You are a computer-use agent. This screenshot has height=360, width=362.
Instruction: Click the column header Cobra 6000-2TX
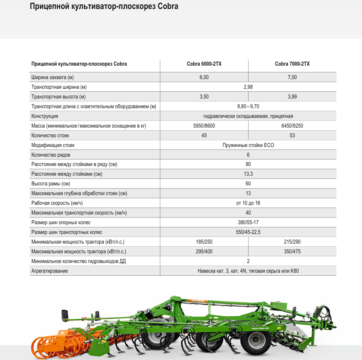(204, 64)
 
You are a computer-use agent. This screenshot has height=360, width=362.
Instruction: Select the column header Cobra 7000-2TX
(292, 64)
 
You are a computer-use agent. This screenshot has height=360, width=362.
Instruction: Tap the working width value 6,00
(204, 77)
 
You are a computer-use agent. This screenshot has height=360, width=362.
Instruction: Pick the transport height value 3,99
(292, 97)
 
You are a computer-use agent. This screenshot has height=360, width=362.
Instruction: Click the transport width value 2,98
(248, 87)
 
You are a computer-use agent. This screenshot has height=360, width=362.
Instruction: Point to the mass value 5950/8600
(204, 126)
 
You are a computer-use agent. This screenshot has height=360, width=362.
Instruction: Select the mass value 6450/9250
(292, 126)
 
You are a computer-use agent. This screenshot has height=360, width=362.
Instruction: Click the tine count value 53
(292, 135)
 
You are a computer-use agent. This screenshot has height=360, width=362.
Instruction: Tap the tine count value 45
(204, 135)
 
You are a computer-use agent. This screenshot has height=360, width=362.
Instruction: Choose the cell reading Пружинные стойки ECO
(248, 145)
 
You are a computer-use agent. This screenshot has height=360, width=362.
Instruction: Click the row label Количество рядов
(51, 155)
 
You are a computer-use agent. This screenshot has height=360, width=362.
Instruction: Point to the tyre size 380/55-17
(248, 223)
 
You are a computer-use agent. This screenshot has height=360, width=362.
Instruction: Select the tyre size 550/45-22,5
(248, 232)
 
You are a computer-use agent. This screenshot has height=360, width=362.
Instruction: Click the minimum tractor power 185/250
(204, 242)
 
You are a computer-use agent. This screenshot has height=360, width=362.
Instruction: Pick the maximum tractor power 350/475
(292, 252)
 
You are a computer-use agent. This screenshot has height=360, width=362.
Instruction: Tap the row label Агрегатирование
(50, 271)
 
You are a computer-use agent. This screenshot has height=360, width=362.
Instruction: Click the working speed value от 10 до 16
(248, 203)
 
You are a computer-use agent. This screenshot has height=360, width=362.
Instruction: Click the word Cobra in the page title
(168, 7)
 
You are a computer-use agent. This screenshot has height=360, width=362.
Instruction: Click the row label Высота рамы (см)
(51, 184)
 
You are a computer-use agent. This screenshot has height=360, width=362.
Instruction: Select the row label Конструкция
(45, 116)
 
